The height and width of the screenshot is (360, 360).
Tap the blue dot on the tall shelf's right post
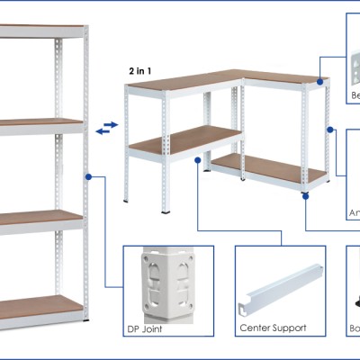(x=88, y=177)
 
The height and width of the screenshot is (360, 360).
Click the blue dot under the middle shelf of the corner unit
(x=196, y=161)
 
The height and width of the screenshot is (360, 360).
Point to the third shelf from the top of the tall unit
(x=41, y=217)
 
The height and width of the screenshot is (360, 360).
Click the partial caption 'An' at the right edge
(x=354, y=213)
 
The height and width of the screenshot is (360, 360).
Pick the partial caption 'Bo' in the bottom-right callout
(x=354, y=328)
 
